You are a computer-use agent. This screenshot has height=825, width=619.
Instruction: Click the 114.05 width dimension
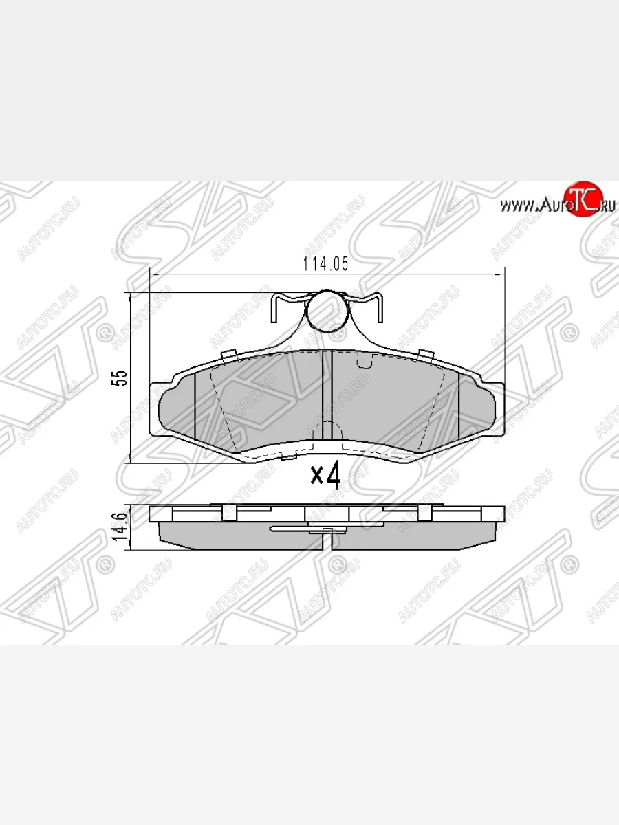click(x=326, y=263)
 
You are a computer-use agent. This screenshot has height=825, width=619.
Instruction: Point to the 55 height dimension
click(x=122, y=378)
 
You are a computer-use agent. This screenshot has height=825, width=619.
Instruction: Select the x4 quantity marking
click(x=326, y=475)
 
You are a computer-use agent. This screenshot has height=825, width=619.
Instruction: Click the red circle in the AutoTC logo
click(x=584, y=199)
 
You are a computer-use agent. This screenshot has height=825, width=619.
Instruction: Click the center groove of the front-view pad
click(x=328, y=395)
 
